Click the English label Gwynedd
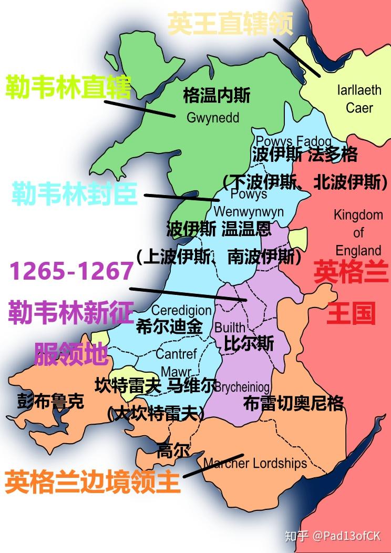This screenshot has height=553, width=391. [x=213, y=118]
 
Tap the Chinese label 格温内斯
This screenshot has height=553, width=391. [x=217, y=96]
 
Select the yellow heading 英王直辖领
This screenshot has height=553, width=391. [x=230, y=24]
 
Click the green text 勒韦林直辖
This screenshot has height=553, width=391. [x=68, y=87]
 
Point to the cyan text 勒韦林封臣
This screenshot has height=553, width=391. [x=75, y=194]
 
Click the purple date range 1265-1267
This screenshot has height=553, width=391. [x=71, y=271]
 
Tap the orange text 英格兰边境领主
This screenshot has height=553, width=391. [x=92, y=482]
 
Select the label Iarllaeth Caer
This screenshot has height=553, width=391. [x=359, y=99]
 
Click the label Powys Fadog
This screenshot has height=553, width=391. [x=293, y=141]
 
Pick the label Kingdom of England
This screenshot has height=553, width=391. [x=358, y=232]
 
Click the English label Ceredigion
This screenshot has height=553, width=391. [x=181, y=310]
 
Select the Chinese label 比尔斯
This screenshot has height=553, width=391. [x=249, y=343]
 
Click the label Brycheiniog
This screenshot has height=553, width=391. [x=242, y=387]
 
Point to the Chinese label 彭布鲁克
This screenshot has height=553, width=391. [x=50, y=402]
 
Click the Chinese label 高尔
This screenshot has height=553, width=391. [x=173, y=450]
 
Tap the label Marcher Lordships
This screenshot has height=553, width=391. [x=255, y=463]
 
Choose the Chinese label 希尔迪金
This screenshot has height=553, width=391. [x=169, y=326]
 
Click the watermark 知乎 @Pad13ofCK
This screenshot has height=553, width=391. [x=332, y=536]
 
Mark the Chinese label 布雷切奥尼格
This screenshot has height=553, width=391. [x=294, y=403]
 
